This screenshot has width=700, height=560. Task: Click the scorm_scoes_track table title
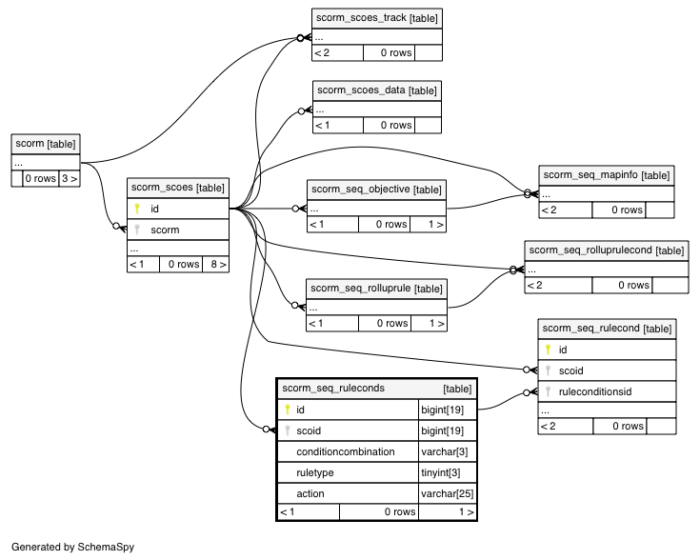[377, 18]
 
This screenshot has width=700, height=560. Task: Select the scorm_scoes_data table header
[377, 90]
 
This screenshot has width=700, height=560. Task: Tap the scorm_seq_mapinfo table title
[607, 175]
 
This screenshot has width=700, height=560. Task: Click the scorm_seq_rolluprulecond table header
[607, 250]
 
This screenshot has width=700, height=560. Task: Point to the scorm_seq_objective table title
[376, 190]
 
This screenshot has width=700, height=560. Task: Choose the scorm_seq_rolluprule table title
[376, 289]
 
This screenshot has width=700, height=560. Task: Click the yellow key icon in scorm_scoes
[137, 209]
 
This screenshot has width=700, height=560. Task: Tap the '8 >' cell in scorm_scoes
[216, 265]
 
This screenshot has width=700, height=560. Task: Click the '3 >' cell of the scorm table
[70, 179]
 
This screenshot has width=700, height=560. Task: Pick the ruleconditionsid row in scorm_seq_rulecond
[608, 392]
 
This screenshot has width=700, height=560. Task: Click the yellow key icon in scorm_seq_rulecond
[548, 350]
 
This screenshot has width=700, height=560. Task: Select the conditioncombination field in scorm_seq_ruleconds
[346, 452]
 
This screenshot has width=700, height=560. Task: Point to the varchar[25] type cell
[448, 494]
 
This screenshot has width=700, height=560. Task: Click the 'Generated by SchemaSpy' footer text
[72, 547]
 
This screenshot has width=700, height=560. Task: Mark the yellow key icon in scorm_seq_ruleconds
[287, 410]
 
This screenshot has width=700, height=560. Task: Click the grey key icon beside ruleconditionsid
[548, 392]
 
